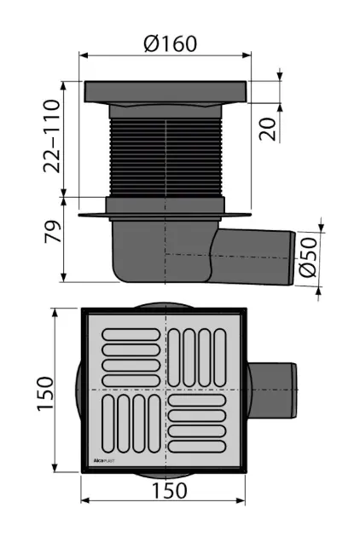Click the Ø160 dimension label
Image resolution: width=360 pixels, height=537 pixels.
[x=171, y=43]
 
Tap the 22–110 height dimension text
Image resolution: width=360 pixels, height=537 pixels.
[x=52, y=136]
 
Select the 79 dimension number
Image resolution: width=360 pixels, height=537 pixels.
[x=52, y=231]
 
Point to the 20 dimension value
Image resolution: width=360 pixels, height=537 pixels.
[x=267, y=129]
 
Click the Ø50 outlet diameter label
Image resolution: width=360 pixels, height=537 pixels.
[x=308, y=257]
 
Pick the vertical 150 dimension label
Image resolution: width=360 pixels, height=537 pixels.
[x=45, y=394]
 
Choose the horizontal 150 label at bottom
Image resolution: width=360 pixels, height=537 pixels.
[x=169, y=490]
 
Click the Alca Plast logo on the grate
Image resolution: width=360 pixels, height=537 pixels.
[x=104, y=461]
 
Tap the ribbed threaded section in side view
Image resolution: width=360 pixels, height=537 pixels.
[x=165, y=159]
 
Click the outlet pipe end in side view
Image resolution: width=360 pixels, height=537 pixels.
[x=292, y=258]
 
